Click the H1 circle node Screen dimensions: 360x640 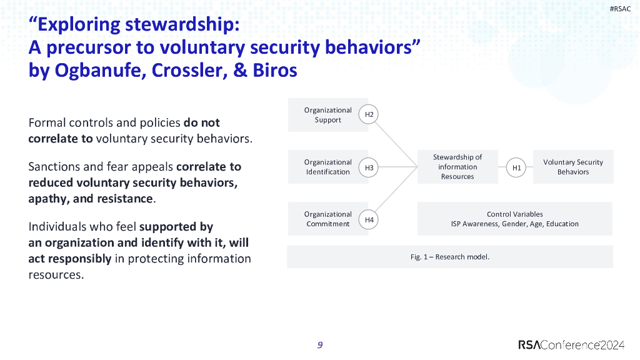(x=516, y=167)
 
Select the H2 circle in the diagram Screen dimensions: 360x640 (x=369, y=114)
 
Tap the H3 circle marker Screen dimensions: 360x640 (x=369, y=167)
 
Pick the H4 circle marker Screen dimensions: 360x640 (x=369, y=219)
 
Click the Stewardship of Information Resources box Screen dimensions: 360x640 (x=457, y=167)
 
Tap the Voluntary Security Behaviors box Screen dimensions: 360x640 (x=573, y=167)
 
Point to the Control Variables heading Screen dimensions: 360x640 (x=514, y=214)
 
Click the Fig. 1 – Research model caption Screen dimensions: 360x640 (x=449, y=257)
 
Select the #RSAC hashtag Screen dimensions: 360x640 (x=620, y=9)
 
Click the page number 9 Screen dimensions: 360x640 (x=320, y=345)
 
